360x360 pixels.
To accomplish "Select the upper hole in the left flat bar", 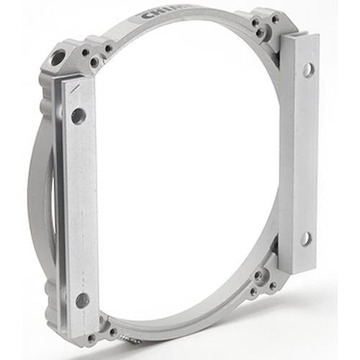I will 78,114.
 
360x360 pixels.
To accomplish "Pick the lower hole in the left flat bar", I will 82,300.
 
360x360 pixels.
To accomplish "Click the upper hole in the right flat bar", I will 308,69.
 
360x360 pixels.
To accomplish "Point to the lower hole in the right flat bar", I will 307,238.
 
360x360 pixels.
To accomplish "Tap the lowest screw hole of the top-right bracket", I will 261,32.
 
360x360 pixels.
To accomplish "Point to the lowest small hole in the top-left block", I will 94,63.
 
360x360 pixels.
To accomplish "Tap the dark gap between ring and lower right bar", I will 276,245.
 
